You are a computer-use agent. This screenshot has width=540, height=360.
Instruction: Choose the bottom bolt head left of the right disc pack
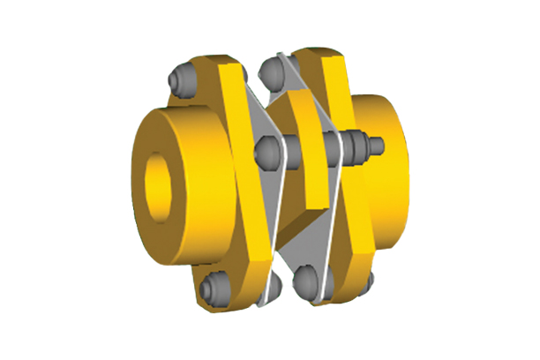point(306,275)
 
